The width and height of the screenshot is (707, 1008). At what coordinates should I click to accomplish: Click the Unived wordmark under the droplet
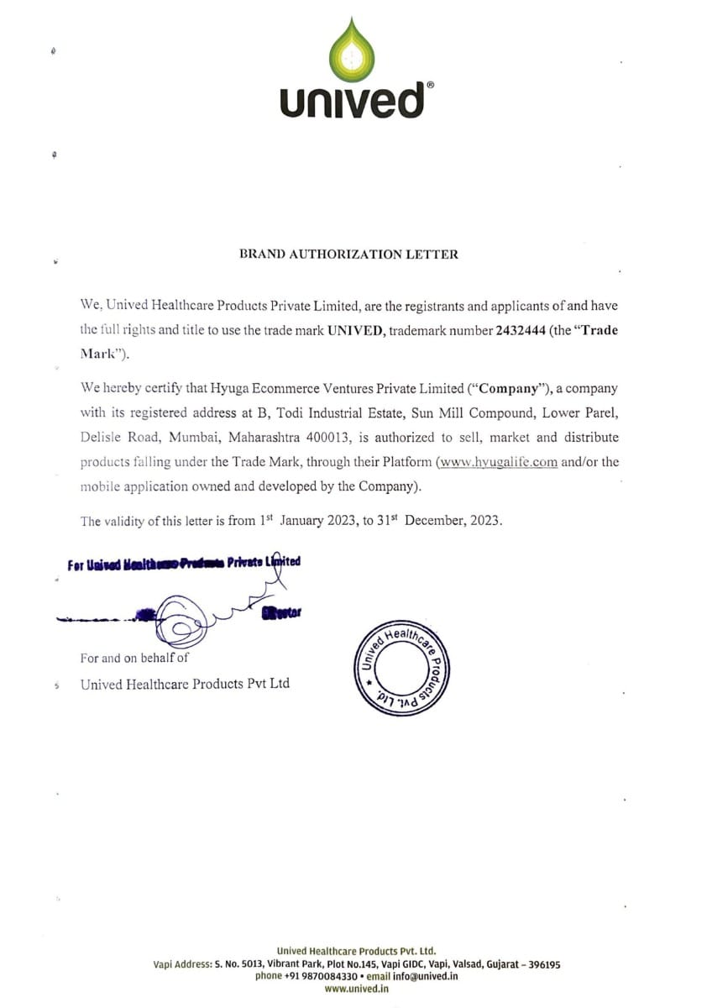pos(353,100)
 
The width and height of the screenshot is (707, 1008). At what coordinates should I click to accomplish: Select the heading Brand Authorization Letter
pos(349,254)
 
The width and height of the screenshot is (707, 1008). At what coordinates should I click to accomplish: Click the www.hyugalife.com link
pos(496,462)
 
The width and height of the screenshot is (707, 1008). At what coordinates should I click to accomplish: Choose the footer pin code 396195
pos(542,965)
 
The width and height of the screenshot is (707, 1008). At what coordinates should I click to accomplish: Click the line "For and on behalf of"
pos(134,659)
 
